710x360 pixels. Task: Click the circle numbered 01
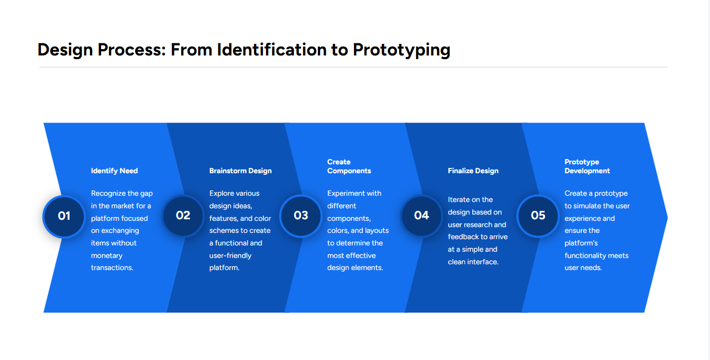[64, 216]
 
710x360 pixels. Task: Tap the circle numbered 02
[183, 216]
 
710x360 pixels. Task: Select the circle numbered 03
[301, 216]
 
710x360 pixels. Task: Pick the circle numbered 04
[421, 216]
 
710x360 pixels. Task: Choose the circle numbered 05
[538, 216]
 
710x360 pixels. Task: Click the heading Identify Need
[115, 171]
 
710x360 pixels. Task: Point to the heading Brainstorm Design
[240, 171]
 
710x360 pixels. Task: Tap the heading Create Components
[349, 166]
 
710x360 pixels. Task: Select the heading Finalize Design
[473, 171]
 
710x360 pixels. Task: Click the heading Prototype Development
[587, 166]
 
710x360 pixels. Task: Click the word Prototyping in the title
[402, 50]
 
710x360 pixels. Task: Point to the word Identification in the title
[272, 50]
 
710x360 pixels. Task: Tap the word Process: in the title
[131, 50]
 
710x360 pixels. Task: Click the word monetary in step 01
[107, 255]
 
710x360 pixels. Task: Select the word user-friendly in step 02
[230, 255]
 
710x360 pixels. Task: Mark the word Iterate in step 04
[459, 200]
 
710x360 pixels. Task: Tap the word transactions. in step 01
[112, 267]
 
